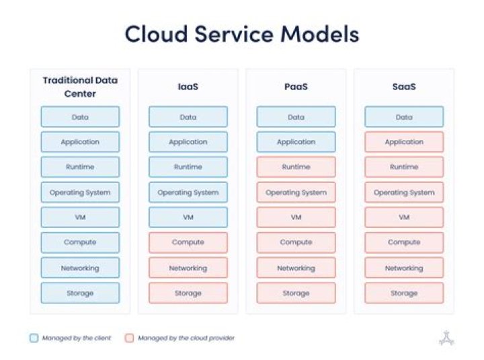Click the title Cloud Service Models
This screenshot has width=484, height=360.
pos(242,34)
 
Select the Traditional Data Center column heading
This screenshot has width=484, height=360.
pos(80,87)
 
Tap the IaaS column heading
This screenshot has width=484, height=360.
pos(188,87)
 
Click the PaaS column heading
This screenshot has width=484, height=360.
pos(296,87)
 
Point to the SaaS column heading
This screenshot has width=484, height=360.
pos(404,87)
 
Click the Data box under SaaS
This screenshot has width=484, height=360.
pos(404,117)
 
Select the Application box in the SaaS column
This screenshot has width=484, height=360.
pos(404,142)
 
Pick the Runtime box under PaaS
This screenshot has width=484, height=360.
pos(296,167)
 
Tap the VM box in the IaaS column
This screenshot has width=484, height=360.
pos(188,217)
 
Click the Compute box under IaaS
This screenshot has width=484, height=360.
pos(188,242)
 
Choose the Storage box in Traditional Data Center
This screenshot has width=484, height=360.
pos(80,293)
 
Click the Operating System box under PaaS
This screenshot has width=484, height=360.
pos(296,192)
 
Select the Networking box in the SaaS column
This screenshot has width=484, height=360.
pos(404,268)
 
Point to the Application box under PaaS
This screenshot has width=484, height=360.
pos(296,142)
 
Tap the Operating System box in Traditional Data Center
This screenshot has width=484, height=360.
pos(80,192)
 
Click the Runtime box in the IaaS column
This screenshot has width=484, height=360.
pos(188,167)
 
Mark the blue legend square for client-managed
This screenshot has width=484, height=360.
pos(34,338)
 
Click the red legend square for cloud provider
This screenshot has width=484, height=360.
pos(129,338)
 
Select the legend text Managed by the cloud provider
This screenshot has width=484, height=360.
pos(186,338)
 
